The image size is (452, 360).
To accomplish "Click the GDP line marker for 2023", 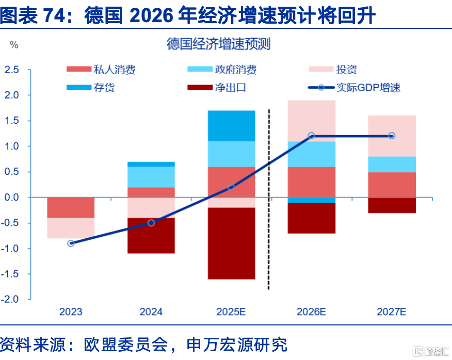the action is click(71, 243).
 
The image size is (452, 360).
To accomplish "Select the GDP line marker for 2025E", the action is click(231, 187).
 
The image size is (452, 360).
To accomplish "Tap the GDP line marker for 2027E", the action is click(392, 136).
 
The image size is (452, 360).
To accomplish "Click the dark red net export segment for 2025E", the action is click(232, 243).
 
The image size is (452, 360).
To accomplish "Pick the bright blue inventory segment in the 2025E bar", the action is click(232, 126).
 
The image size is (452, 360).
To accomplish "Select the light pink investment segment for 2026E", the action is click(312, 121).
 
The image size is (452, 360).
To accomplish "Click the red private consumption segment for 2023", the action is click(71, 207).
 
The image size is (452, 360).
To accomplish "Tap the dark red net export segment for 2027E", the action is click(392, 205).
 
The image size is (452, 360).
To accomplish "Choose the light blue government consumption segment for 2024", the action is click(151, 177).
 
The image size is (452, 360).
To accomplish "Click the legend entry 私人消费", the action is click(101, 70).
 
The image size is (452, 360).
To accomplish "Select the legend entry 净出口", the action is click(217, 87).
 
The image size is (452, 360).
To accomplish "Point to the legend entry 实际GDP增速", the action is click(354, 87).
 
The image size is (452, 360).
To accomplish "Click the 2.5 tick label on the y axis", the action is click(11, 70).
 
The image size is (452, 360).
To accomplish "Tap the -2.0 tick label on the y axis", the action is click(10, 299).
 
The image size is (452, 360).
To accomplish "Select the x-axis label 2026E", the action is click(311, 312).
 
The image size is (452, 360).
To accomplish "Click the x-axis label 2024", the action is click(151, 312).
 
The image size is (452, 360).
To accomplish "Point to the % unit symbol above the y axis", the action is click(14, 45).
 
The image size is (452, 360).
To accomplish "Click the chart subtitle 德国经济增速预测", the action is click(218, 44).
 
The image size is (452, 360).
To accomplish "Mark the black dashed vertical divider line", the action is click(269, 199).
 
